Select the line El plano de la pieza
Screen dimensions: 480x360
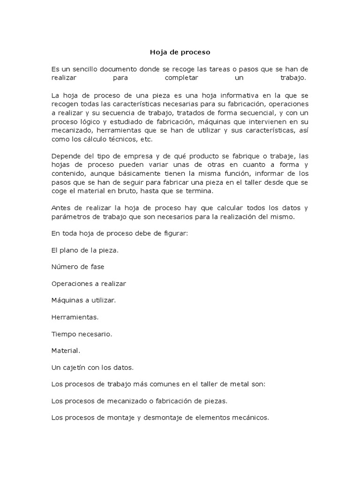(84, 250)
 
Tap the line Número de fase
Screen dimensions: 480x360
(77, 267)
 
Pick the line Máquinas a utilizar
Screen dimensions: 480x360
(83, 300)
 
